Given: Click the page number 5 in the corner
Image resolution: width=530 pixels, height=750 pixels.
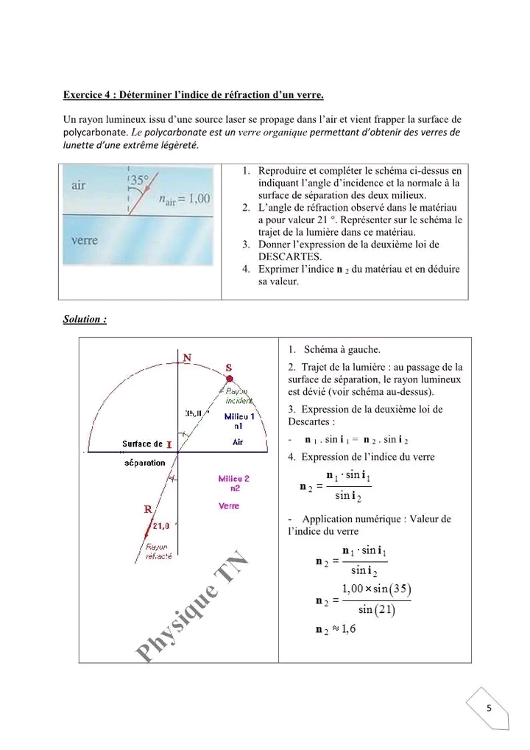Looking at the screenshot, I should (489, 708).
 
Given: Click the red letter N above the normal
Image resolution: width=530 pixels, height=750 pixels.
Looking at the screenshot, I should (187, 358).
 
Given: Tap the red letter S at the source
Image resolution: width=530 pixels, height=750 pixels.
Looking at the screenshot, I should (229, 367).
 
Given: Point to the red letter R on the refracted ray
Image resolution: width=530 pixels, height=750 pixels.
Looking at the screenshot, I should (147, 508).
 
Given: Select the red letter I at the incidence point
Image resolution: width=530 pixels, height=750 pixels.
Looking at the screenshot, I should (169, 444).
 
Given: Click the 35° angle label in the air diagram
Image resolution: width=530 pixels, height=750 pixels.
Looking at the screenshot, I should (139, 179).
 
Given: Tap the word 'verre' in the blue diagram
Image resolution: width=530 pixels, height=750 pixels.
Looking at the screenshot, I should (85, 240).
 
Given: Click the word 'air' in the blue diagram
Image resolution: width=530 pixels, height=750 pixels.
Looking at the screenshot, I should (79, 186).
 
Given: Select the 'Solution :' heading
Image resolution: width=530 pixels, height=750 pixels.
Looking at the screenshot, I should (85, 319).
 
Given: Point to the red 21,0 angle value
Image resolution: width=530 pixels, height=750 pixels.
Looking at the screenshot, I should (161, 525).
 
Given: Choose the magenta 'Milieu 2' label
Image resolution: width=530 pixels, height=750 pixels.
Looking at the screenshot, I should (234, 479).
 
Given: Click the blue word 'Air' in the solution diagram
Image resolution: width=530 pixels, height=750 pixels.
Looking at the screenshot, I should (238, 443).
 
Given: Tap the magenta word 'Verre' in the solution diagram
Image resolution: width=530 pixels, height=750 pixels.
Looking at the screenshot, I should (229, 506).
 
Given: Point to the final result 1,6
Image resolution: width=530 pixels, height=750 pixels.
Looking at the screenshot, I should (348, 628).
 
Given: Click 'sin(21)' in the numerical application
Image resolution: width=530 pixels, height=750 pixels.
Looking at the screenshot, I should (377, 610).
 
